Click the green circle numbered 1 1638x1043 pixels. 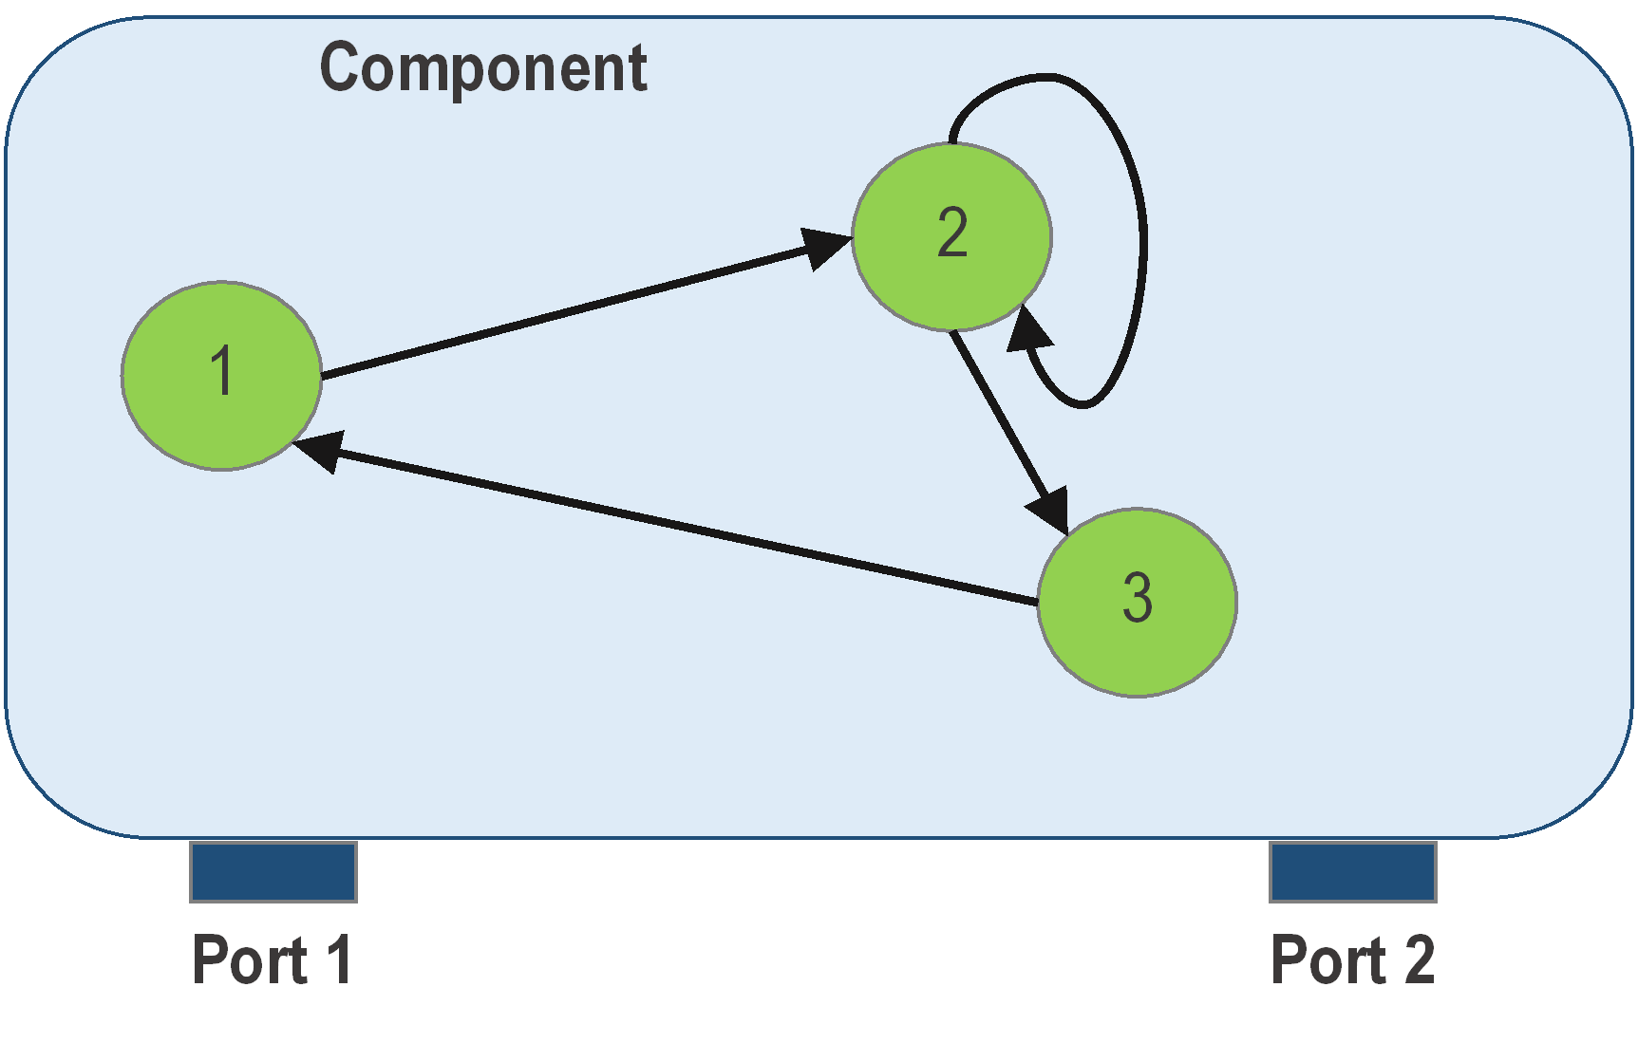221,375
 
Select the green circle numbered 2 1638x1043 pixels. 951,236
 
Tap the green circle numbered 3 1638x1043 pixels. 1137,602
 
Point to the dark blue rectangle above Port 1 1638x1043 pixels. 273,871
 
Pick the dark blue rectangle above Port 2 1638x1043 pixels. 1352,871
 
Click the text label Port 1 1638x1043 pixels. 273,959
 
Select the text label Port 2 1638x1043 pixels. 1352,959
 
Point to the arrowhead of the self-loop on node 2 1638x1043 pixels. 1028,330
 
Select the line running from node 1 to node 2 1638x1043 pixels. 570,311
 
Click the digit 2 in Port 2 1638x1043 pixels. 1419,959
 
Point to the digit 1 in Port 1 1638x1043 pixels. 339,959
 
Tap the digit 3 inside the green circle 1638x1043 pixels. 1137,598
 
